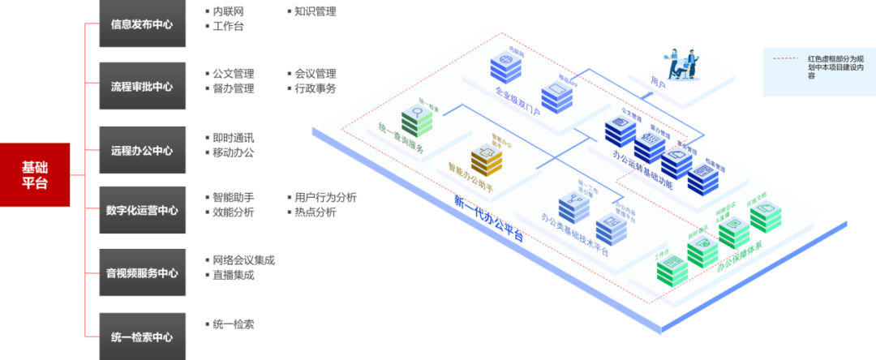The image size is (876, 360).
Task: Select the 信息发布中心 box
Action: coord(142,24)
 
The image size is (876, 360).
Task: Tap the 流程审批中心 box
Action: coord(142,87)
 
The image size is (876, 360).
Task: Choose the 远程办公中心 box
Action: coord(142,151)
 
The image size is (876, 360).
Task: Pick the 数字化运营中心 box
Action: coord(142,210)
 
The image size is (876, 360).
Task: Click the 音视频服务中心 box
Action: coord(142,273)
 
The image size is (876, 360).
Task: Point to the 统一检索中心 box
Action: coord(142,336)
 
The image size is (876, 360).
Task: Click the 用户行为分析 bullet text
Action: coord(324,197)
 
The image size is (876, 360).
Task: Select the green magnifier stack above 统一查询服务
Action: coord(423,121)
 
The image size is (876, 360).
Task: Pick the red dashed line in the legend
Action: coord(788,59)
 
